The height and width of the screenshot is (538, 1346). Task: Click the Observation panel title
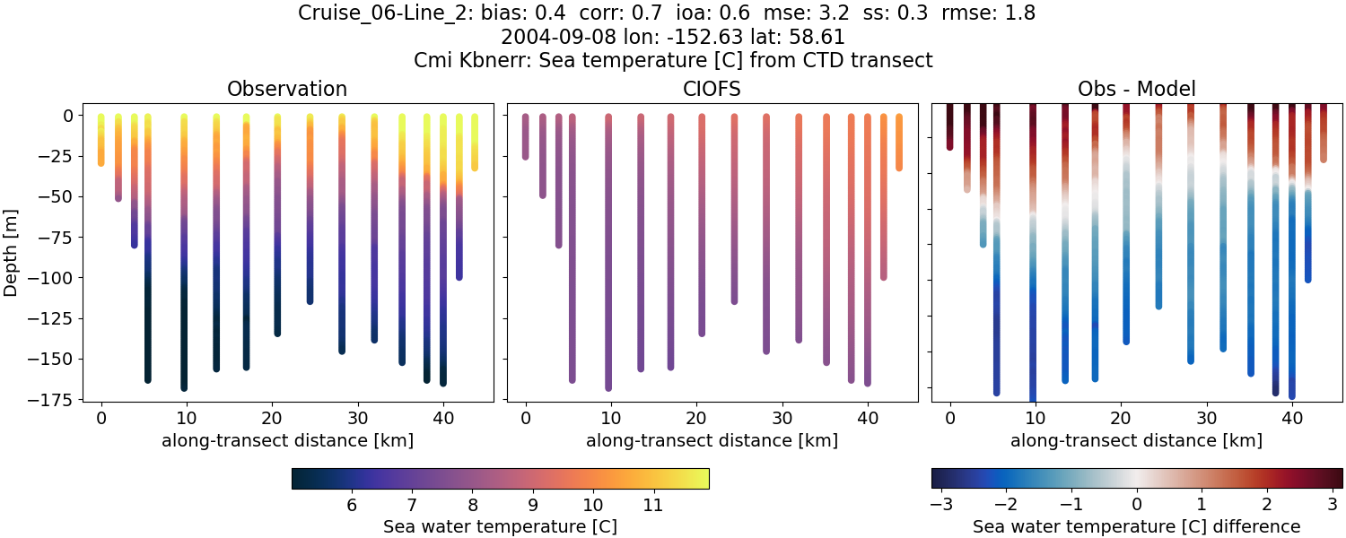(x=287, y=89)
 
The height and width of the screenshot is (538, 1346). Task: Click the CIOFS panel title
(x=712, y=89)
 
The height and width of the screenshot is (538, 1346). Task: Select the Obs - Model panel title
(x=1136, y=89)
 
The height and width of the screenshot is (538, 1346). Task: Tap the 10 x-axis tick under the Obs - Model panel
(x=1036, y=418)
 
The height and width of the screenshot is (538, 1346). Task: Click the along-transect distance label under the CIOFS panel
(x=712, y=440)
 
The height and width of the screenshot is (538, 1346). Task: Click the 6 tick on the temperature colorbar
(x=352, y=506)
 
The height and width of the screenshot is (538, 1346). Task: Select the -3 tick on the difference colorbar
(x=940, y=506)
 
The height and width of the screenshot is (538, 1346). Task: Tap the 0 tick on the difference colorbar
(x=1137, y=506)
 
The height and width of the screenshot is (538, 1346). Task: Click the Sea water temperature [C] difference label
(x=1136, y=526)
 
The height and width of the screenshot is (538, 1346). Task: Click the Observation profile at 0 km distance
(x=101, y=139)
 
